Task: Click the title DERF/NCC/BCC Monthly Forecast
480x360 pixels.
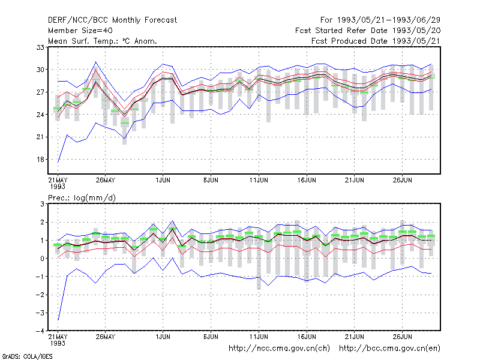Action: (x=112, y=20)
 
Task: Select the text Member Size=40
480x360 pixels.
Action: (x=80, y=31)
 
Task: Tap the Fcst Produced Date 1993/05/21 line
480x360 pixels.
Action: (x=376, y=41)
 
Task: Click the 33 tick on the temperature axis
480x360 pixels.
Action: (x=40, y=47)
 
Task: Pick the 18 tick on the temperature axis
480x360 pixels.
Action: (x=40, y=160)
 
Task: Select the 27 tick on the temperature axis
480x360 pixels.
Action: (x=40, y=92)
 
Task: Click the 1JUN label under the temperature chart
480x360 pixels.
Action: (x=163, y=180)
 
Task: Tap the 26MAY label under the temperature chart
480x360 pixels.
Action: (x=106, y=180)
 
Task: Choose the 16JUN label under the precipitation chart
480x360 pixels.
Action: (x=307, y=337)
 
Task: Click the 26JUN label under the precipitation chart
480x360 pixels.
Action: (x=402, y=337)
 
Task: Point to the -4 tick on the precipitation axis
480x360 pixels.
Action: (x=40, y=331)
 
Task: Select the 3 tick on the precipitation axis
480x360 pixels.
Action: (x=42, y=204)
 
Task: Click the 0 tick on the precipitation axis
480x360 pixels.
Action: (x=42, y=259)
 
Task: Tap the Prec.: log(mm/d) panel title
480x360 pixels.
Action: (x=82, y=198)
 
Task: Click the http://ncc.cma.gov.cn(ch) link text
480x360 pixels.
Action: (x=279, y=349)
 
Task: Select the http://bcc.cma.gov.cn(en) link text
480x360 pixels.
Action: (x=389, y=349)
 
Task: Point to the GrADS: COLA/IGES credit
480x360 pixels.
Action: (x=27, y=356)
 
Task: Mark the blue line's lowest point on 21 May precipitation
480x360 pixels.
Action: (x=58, y=320)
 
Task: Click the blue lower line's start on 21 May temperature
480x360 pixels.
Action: (x=58, y=162)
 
